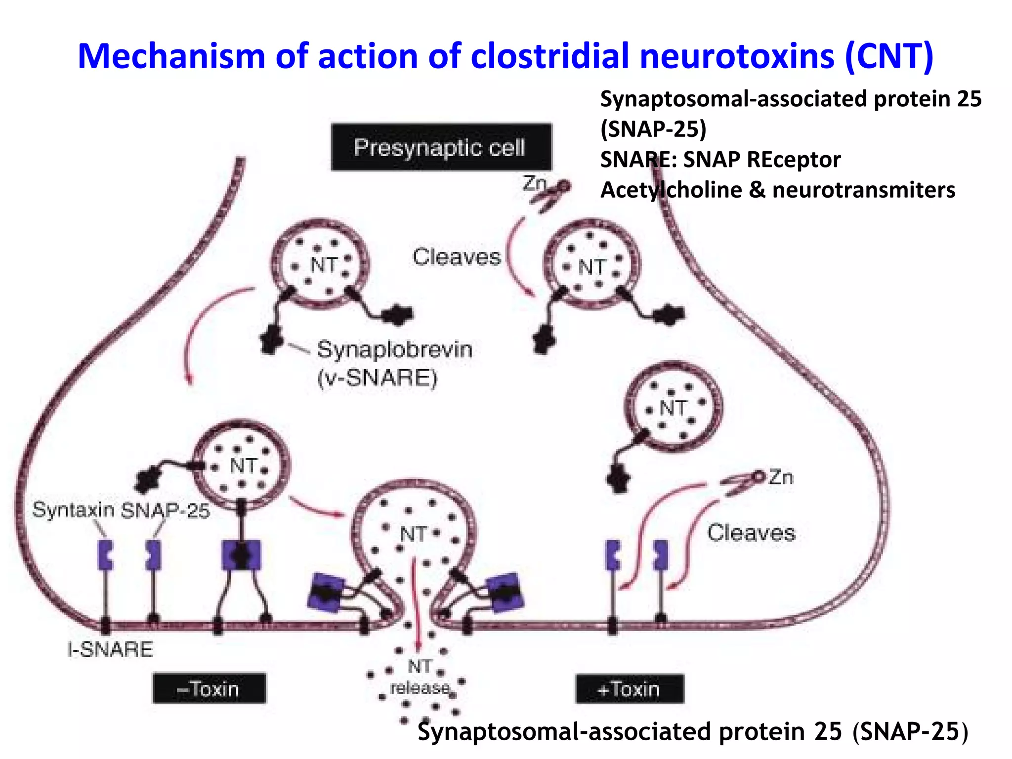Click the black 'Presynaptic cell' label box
[441, 147]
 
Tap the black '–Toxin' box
[209, 688]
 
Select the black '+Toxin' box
[630, 689]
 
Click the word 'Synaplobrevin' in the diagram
[394, 349]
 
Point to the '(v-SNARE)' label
[377, 379]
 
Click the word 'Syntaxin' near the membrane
[73, 509]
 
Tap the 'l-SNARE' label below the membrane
[110, 649]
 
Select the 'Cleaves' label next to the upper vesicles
[457, 257]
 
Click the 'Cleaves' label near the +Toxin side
[751, 533]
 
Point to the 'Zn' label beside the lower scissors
[781, 477]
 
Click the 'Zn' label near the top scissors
[534, 183]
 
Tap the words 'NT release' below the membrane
[420, 677]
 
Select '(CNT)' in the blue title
[889, 56]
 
